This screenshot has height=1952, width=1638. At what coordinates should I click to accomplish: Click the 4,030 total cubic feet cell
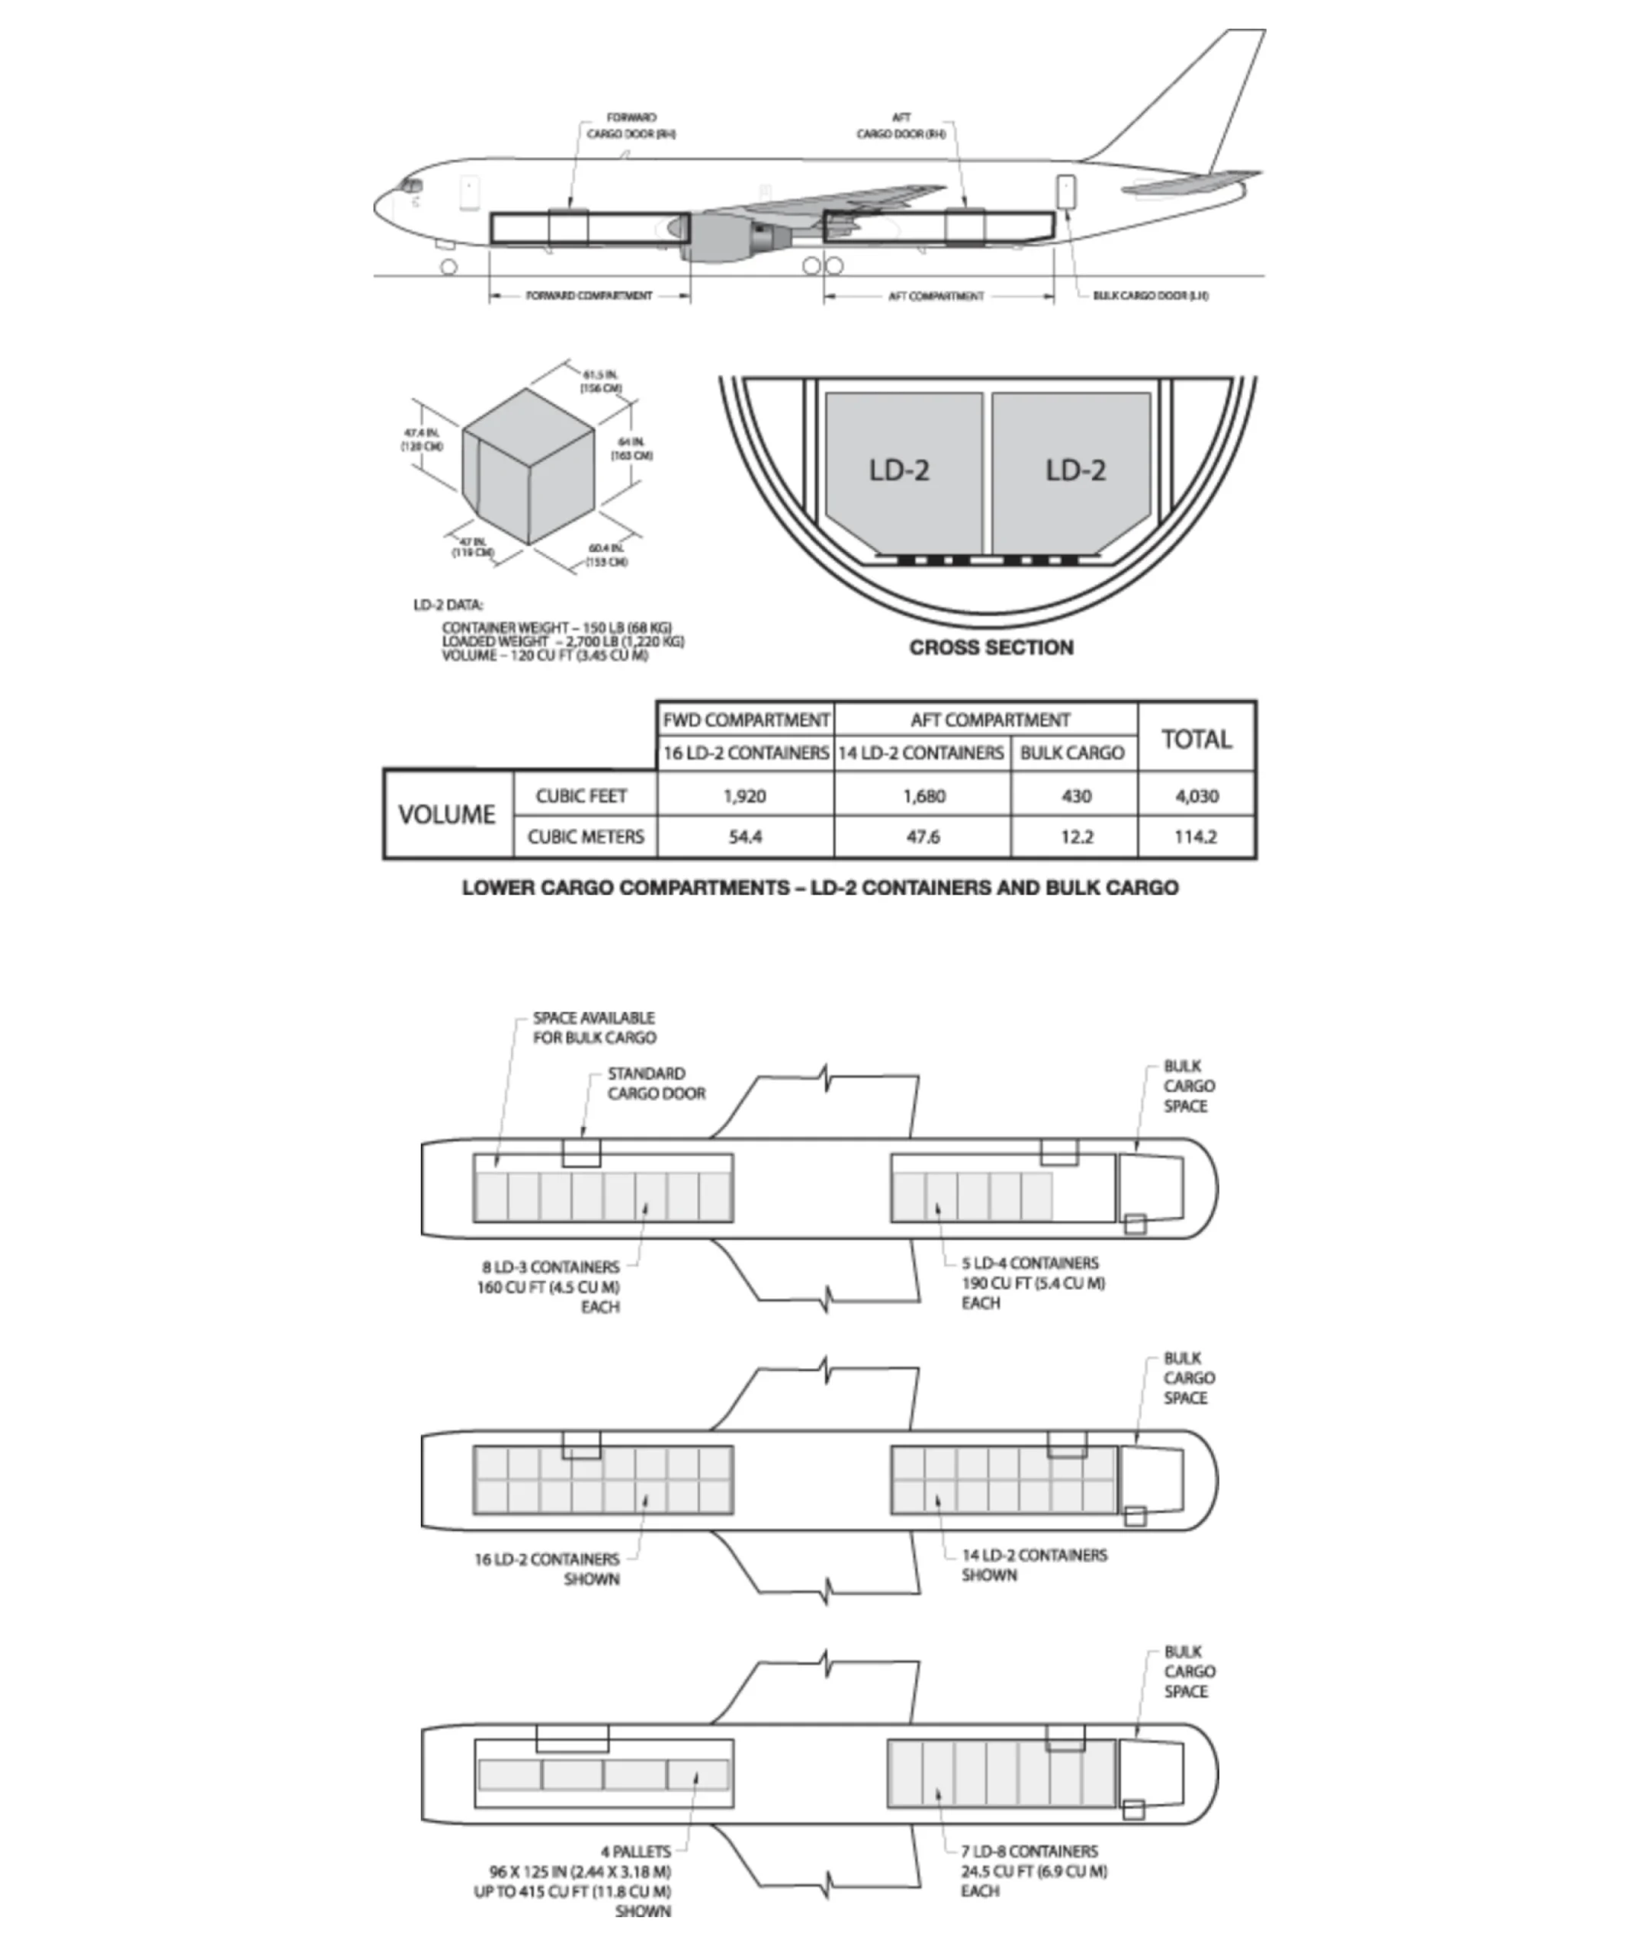1196,796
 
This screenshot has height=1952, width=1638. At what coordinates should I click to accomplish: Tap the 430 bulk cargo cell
1075,796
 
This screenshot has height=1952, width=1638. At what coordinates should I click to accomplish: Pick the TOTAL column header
1196,739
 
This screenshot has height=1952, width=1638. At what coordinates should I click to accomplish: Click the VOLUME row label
447,814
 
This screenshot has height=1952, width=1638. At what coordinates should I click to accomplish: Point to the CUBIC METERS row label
586,836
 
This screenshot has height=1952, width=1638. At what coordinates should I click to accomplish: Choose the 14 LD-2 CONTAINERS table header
921,752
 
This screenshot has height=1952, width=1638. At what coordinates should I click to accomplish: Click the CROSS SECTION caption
991,647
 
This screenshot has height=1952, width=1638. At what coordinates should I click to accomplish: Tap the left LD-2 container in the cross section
899,470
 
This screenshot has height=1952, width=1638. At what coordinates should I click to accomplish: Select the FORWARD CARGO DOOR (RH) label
631,126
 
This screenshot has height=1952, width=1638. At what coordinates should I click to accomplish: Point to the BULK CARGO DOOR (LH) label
1150,296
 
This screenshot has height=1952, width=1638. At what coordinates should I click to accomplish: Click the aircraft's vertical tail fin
1209,102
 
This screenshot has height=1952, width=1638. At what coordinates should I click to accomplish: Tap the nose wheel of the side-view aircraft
449,267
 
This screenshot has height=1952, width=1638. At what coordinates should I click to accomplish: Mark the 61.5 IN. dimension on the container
601,381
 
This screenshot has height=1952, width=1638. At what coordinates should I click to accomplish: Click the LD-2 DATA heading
448,605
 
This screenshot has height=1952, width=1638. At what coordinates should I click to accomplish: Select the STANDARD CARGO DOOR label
655,1083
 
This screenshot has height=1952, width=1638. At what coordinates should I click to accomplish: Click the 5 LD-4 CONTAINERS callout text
1030,1263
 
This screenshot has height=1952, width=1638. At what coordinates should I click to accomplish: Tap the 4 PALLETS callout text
636,1851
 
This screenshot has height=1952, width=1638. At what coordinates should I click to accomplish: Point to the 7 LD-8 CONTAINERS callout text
1029,1851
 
